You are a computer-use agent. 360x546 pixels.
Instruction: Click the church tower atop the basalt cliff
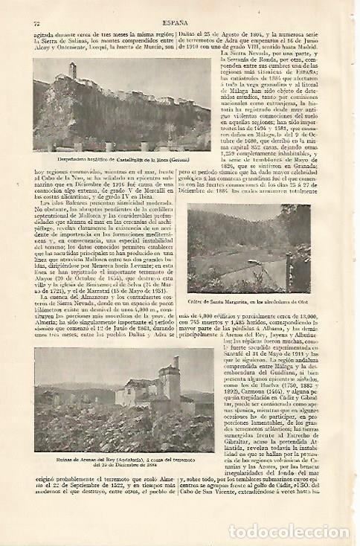pyautogui.click(x=73, y=72)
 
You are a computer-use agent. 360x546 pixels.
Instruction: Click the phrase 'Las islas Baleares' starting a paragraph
pyautogui.click(x=60, y=205)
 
